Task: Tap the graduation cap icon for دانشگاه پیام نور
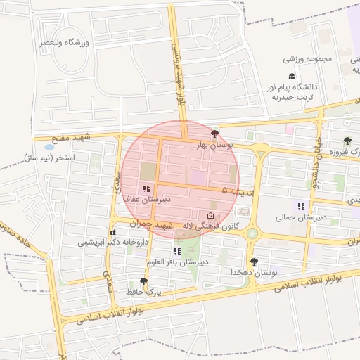(x=290, y=75)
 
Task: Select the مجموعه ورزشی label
(x=304, y=59)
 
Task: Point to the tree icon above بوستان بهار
(x=214, y=133)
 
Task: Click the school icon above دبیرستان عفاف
(x=146, y=188)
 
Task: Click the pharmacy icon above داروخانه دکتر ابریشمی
(x=112, y=232)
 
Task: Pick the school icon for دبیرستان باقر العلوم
(x=177, y=251)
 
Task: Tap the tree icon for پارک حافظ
(x=144, y=281)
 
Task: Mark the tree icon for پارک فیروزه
(x=347, y=141)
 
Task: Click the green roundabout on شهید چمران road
(x=252, y=233)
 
